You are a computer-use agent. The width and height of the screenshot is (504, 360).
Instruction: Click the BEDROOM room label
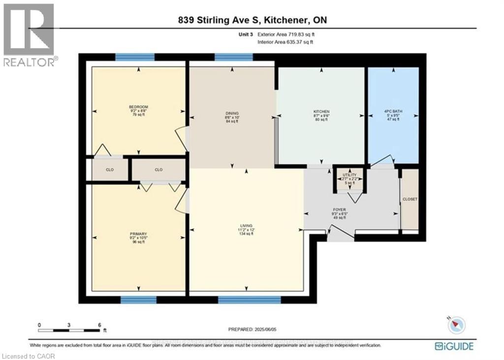(x=138, y=107)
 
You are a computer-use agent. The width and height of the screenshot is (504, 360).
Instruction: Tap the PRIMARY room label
(x=138, y=234)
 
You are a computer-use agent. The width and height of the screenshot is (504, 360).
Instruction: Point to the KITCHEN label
(x=321, y=112)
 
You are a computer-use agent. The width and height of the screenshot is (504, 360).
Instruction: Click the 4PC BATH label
(x=393, y=112)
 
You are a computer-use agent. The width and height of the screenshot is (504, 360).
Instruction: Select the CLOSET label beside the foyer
(x=409, y=199)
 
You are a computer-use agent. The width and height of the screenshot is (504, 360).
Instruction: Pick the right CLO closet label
(x=158, y=170)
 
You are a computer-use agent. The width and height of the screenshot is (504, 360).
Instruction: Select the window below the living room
(x=250, y=299)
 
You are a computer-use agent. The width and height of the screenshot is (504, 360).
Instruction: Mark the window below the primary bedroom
(x=138, y=299)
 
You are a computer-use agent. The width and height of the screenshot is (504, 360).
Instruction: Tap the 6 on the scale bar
(x=99, y=325)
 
